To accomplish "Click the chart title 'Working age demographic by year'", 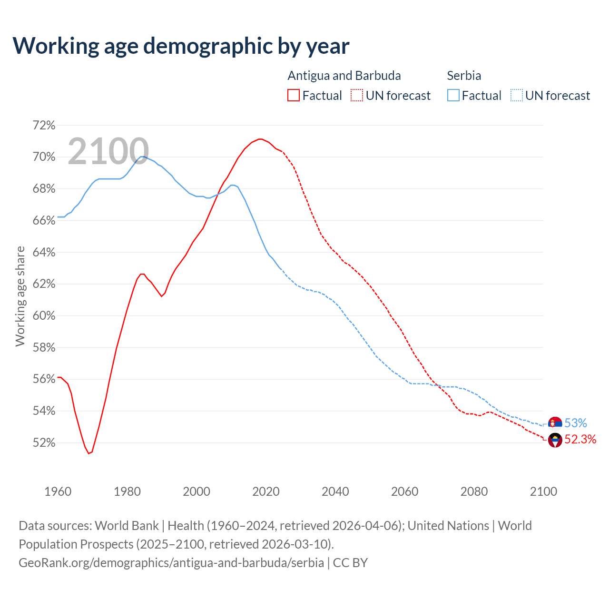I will pyautogui.click(x=181, y=46).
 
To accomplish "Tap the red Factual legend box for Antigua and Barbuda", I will pyautogui.click(x=294, y=96).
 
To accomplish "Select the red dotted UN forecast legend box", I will pyautogui.click(x=357, y=96).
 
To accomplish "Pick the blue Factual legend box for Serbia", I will pyautogui.click(x=453, y=96).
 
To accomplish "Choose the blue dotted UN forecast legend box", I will pyautogui.click(x=516, y=96).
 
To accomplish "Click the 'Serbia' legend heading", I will pyautogui.click(x=464, y=76).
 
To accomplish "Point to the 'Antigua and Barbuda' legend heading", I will pyautogui.click(x=344, y=76).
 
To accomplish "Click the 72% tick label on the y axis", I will pyautogui.click(x=44, y=126).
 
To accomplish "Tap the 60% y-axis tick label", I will pyautogui.click(x=44, y=316).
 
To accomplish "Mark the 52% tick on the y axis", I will pyautogui.click(x=44, y=443).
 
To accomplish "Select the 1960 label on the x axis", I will pyautogui.click(x=58, y=491).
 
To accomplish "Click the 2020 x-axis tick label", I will pyautogui.click(x=266, y=491).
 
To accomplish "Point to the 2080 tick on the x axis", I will pyautogui.click(x=474, y=491).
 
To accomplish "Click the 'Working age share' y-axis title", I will pyautogui.click(x=20, y=296).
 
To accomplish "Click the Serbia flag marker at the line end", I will pyautogui.click(x=555, y=423).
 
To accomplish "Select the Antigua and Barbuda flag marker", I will pyautogui.click(x=555, y=440).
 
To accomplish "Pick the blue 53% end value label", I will pyautogui.click(x=576, y=423).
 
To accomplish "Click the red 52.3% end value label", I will pyautogui.click(x=580, y=439).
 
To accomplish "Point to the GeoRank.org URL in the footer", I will pyautogui.click(x=171, y=563).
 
